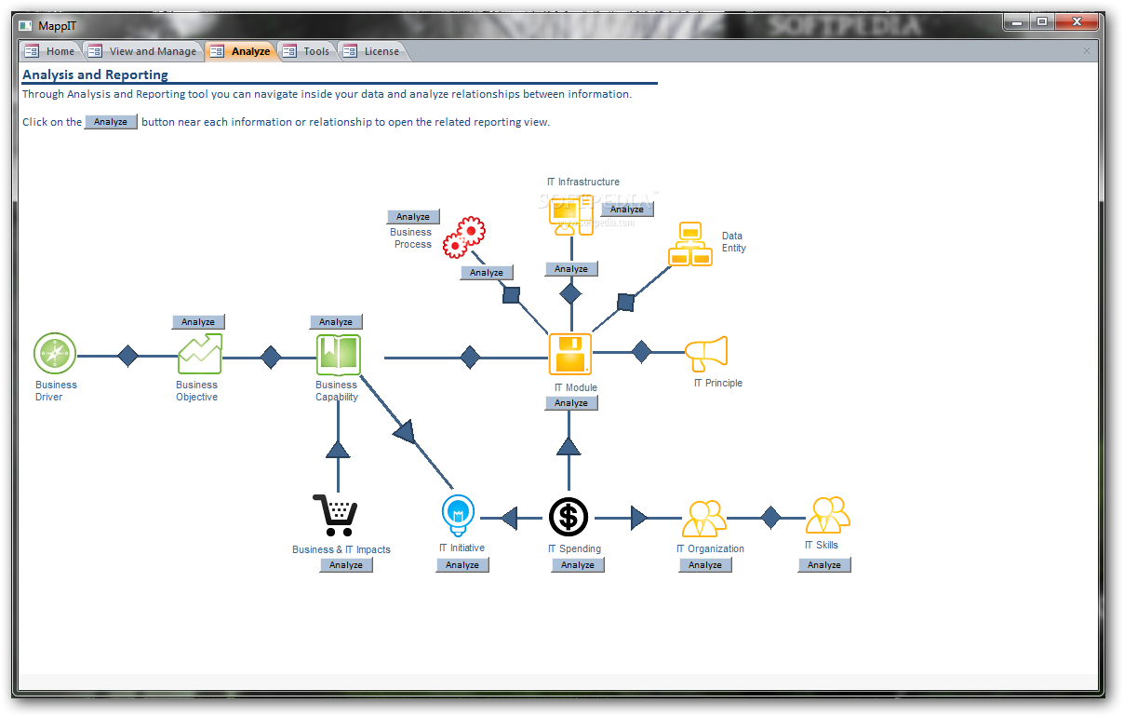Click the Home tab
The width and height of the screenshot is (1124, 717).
(x=50, y=51)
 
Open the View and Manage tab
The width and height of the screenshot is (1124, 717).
(x=142, y=51)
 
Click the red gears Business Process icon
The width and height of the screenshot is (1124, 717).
(x=464, y=237)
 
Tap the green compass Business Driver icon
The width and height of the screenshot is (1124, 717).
(x=55, y=354)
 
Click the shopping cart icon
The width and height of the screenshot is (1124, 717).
(x=335, y=515)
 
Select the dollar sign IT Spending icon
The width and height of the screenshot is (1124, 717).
(x=569, y=517)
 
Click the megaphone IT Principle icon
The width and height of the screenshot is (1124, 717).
(x=706, y=354)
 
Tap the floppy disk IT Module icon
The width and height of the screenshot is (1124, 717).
(x=570, y=354)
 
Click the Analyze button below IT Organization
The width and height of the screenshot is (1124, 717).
(x=705, y=565)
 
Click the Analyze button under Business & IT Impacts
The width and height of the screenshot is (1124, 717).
(x=346, y=565)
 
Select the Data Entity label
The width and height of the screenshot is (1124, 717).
(x=733, y=242)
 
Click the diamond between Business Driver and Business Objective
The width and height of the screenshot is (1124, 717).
(x=128, y=356)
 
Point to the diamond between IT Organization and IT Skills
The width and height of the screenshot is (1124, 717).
(x=770, y=518)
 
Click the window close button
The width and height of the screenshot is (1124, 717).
(x=1077, y=21)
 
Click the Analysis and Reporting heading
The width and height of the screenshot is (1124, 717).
(x=95, y=74)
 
